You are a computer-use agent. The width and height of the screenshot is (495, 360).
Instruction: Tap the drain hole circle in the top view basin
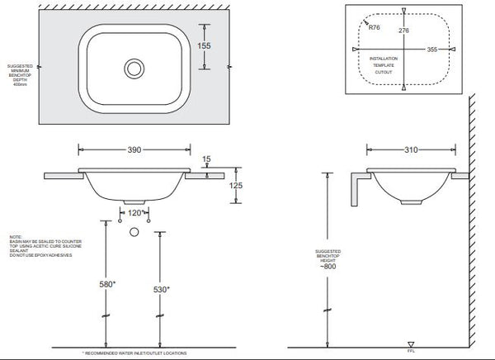[x=132, y=67]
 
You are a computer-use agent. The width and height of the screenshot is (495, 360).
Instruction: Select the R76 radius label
[x=375, y=27]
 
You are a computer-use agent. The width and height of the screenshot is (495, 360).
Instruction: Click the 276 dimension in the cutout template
[x=403, y=31]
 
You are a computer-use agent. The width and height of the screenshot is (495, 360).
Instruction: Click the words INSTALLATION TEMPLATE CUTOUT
[x=384, y=67]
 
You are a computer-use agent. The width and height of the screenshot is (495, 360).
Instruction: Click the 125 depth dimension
[x=237, y=187]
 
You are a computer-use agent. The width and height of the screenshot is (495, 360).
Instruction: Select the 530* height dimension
[x=163, y=289]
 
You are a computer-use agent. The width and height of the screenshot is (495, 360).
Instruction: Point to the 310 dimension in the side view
[x=412, y=151]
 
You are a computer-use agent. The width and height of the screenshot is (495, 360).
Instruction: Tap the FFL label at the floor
[x=410, y=351]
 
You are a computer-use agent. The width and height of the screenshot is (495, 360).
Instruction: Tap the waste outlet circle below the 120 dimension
[x=132, y=232]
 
